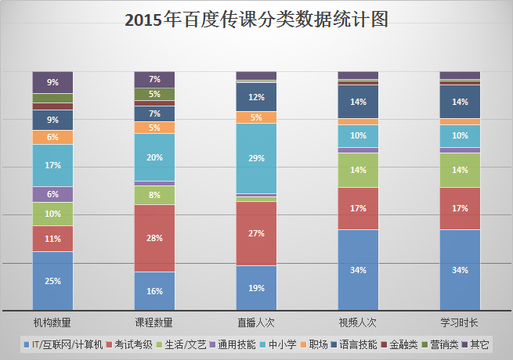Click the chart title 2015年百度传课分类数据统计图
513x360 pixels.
pyautogui.click(x=256, y=20)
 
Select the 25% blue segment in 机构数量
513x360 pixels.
pyautogui.click(x=52, y=281)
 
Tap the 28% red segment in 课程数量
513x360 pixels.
pyautogui.click(x=154, y=238)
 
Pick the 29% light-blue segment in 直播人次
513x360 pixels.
pyautogui.click(x=256, y=158)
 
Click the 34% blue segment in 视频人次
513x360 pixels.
pyautogui.click(x=358, y=270)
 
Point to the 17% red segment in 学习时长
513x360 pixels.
pyautogui.click(x=460, y=208)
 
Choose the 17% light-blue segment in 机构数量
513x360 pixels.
pyautogui.click(x=52, y=165)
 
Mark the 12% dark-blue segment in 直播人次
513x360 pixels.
pyautogui.click(x=256, y=97)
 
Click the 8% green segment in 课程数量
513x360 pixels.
pyautogui.click(x=154, y=196)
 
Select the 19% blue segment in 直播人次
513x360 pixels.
pyautogui.click(x=256, y=288)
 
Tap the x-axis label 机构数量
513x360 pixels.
pyautogui.click(x=52, y=321)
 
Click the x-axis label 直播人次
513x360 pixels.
pyautogui.click(x=256, y=321)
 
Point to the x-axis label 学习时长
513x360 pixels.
pyautogui.click(x=460, y=321)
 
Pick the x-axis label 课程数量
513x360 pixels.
pyautogui.click(x=154, y=321)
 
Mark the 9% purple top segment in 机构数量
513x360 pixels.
pyautogui.click(x=52, y=82)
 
